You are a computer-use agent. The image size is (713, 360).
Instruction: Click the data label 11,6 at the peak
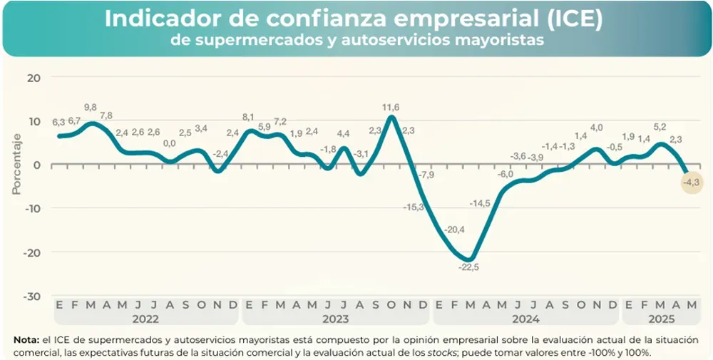[391, 108]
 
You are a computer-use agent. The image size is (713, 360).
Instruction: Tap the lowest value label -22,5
[468, 267]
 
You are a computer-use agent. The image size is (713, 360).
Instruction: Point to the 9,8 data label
[91, 108]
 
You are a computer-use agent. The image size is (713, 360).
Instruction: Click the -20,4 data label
[453, 230]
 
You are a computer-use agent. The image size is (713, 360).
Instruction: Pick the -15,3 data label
[414, 207]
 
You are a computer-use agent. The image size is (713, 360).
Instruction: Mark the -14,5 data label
[480, 203]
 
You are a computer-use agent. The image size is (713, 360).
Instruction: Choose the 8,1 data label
[249, 117]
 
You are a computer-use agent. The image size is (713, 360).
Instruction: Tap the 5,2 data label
[660, 128]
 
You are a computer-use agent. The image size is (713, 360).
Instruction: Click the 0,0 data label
[170, 143]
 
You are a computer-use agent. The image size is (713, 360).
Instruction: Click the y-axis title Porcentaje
[16, 163]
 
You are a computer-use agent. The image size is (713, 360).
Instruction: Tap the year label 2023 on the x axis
[335, 319]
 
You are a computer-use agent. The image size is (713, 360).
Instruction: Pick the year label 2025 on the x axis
[660, 319]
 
